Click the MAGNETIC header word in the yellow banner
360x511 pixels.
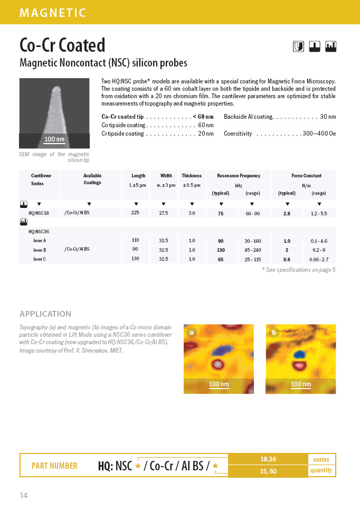click(53, 13)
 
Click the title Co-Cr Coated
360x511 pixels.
click(62, 45)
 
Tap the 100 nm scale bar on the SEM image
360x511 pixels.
click(54, 139)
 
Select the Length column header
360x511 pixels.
click(138, 176)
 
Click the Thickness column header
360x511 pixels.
click(192, 176)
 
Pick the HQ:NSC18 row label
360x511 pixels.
click(39, 213)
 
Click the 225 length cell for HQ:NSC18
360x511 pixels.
click(135, 213)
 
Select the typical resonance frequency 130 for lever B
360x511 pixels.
click(221, 250)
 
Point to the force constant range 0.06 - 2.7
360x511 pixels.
click(319, 259)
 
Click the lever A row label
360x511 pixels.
click(40, 241)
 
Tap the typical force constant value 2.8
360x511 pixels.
click(287, 213)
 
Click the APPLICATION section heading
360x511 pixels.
click(45, 314)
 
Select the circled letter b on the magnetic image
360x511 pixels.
click(273, 333)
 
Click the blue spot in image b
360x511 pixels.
click(299, 353)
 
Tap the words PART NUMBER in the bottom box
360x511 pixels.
click(54, 466)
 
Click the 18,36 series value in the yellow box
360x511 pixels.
click(268, 459)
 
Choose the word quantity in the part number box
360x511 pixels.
click(321, 470)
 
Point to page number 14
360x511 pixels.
click(24, 495)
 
